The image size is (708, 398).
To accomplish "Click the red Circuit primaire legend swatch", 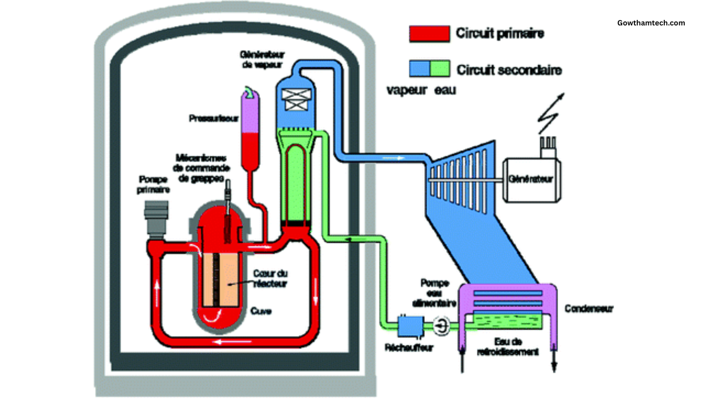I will click(429, 34).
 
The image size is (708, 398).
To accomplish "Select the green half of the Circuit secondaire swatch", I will click(440, 69).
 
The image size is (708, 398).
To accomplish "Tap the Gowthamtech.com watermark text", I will click(651, 23).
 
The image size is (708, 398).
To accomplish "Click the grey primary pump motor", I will click(155, 217).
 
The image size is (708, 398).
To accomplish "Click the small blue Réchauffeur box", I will click(410, 326).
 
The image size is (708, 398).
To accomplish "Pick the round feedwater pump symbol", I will click(442, 327).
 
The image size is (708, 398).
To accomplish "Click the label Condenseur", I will click(590, 309).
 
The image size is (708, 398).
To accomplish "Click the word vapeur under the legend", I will click(407, 90).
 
